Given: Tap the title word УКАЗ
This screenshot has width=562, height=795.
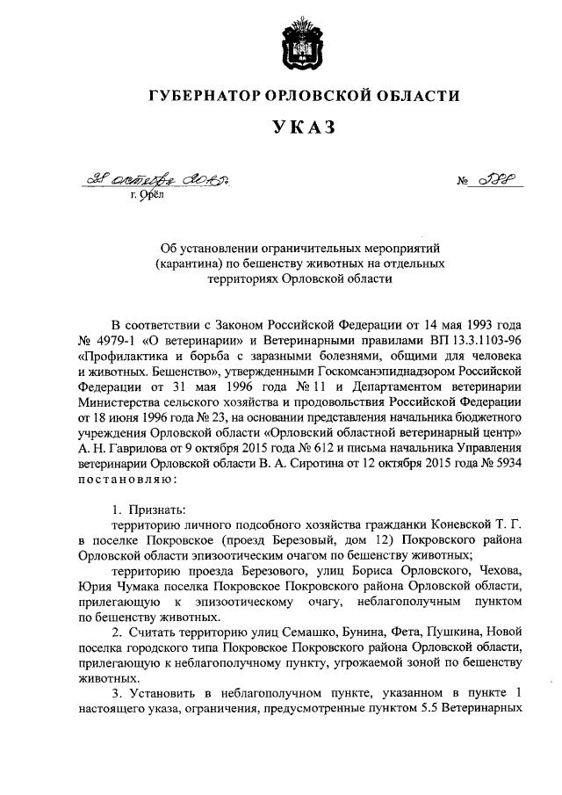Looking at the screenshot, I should (304, 129).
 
